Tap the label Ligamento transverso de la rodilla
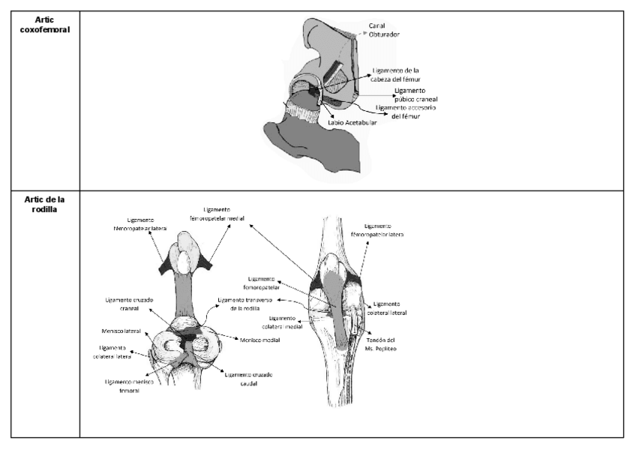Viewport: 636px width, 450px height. click(x=241, y=304)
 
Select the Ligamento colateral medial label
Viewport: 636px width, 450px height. click(x=283, y=322)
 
